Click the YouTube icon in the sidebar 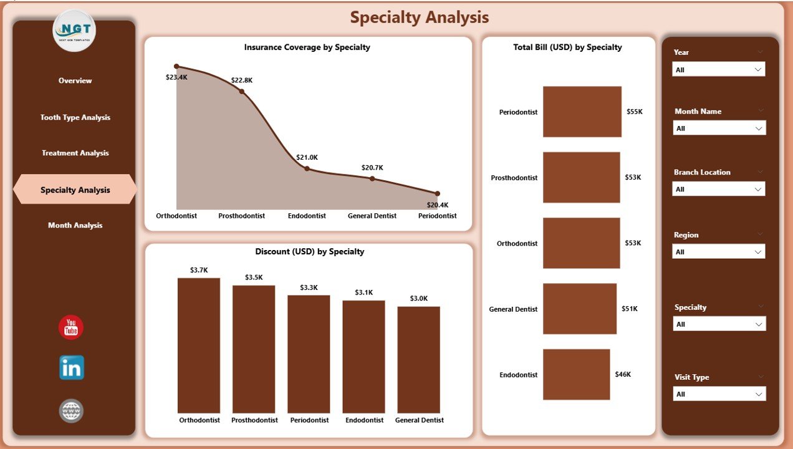71,327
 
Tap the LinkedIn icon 71,368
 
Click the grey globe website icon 71,411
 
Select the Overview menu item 75,80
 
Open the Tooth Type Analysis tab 75,117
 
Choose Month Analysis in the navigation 75,225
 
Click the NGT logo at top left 74,31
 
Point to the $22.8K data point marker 242,91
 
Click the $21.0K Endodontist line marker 307,168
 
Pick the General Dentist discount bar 419,359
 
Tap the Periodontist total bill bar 582,112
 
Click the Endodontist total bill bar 576,374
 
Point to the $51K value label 630,309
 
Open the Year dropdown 719,69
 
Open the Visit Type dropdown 719,394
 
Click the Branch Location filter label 702,172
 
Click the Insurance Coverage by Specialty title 307,47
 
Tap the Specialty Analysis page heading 419,17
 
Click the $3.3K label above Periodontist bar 309,287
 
